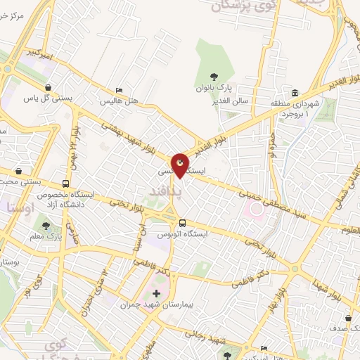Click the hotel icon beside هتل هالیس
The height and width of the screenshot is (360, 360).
tap(119, 90)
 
